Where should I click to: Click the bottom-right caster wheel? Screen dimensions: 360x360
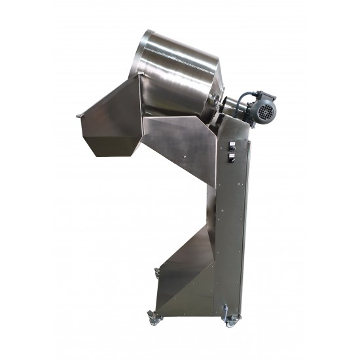[x=230, y=321]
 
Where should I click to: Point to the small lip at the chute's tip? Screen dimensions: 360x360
[x=79, y=116]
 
